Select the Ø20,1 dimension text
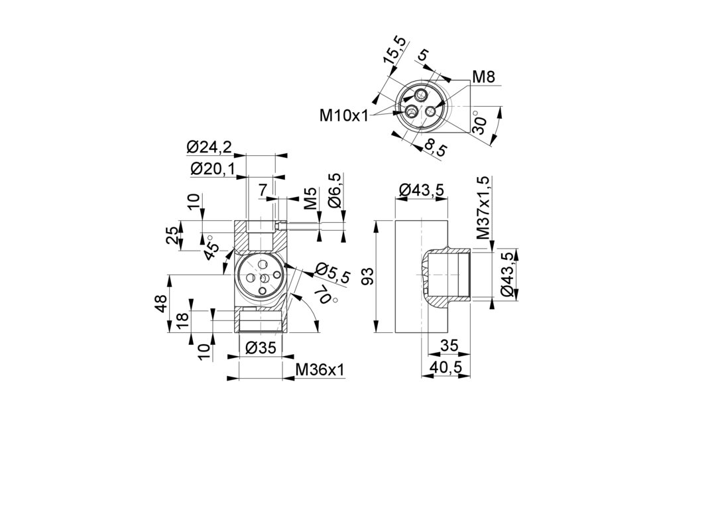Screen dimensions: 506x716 212,169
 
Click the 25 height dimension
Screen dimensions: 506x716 172,235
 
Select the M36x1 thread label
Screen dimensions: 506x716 320,369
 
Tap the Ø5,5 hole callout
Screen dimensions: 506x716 332,273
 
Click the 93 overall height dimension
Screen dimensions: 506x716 369,276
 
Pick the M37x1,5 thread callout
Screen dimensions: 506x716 483,208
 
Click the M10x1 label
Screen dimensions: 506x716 343,115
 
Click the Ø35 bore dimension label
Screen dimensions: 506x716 259,348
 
